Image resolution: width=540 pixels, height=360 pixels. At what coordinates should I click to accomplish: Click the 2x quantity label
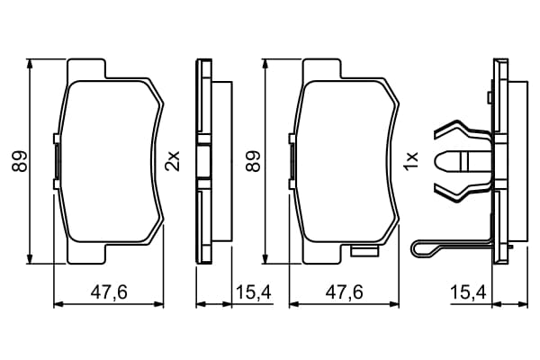tap(173, 161)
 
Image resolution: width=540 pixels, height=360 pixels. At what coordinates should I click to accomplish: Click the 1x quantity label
tap(411, 160)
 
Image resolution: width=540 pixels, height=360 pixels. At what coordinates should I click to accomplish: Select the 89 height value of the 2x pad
tap(19, 161)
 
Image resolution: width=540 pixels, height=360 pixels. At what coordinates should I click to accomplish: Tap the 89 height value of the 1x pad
tap(254, 161)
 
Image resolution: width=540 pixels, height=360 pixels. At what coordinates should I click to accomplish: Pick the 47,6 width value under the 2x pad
tap(109, 292)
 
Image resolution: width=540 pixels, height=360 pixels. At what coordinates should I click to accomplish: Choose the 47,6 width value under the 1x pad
tap(345, 292)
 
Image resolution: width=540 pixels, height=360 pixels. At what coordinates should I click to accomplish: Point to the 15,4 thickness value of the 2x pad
tap(254, 292)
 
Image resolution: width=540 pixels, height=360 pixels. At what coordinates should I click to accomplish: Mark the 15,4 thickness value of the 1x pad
tap(468, 292)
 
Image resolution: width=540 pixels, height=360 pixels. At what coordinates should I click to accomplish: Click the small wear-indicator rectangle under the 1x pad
tap(364, 251)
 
